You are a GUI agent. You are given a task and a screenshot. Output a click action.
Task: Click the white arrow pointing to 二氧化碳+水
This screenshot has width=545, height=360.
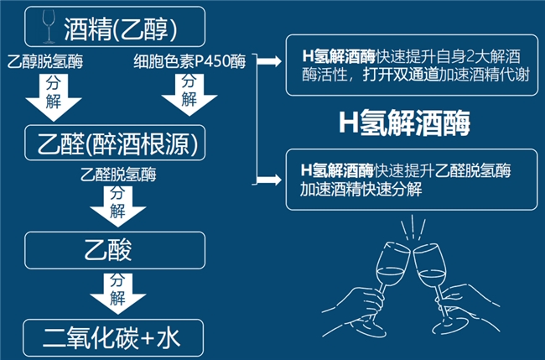click(118, 290)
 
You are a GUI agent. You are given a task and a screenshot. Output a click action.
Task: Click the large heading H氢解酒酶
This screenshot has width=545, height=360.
click(404, 123)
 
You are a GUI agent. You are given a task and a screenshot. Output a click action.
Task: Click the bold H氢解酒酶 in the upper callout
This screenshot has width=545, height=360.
click(339, 56)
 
